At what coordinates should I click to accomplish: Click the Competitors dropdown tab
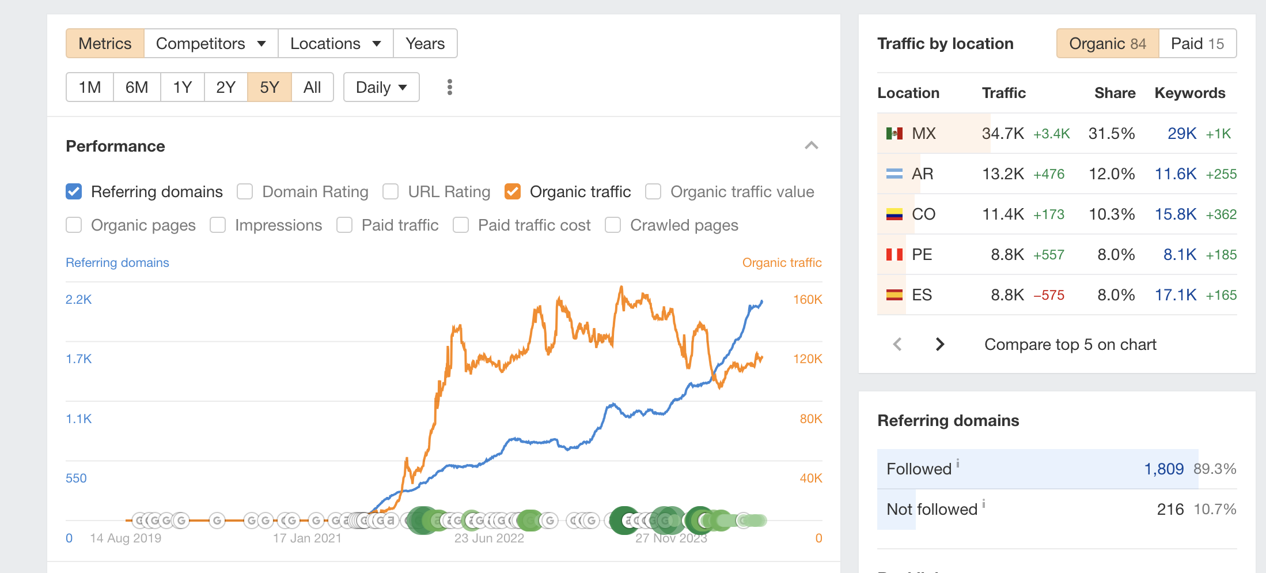click(211, 44)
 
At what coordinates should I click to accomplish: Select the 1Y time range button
click(182, 88)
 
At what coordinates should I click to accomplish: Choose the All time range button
click(312, 88)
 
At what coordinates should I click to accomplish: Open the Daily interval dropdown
click(381, 88)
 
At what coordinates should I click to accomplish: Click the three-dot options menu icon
click(450, 88)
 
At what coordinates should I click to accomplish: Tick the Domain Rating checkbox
click(245, 191)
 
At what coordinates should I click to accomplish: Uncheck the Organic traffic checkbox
click(513, 191)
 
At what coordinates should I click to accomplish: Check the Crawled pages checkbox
click(613, 225)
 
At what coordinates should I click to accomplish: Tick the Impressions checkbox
click(218, 225)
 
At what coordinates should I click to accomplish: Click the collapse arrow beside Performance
click(811, 146)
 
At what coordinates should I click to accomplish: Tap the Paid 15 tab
click(1197, 44)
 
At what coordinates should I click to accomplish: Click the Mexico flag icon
click(894, 134)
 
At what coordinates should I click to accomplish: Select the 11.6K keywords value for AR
click(1176, 174)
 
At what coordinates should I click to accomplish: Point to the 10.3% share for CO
click(1111, 214)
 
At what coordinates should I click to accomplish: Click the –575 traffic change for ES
click(1049, 295)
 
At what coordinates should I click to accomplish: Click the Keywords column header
click(1189, 93)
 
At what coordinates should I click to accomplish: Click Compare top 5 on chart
click(1070, 345)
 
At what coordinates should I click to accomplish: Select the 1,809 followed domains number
click(1163, 469)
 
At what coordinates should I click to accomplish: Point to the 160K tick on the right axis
click(808, 300)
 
